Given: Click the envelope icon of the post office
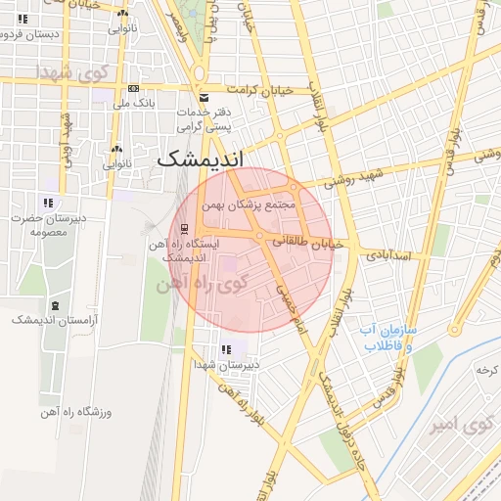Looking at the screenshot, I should click(204, 98).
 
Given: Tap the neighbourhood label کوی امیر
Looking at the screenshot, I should click(454, 426).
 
